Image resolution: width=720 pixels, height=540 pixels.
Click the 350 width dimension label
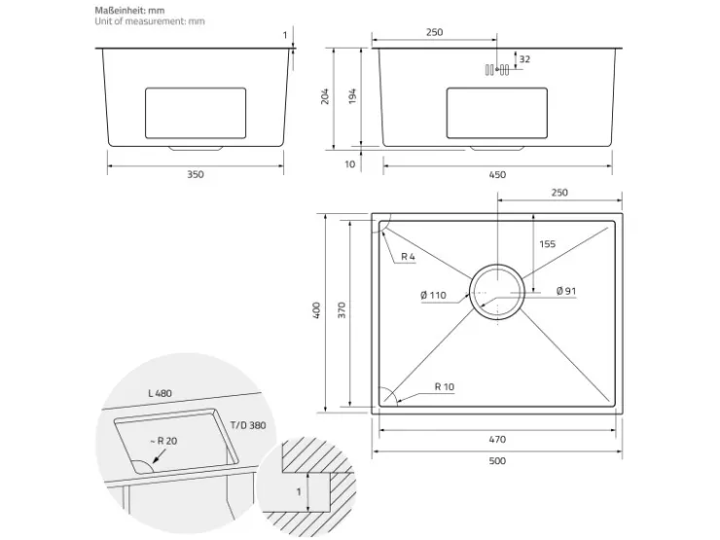pyautogui.click(x=196, y=174)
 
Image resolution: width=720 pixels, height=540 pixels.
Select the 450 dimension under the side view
pyautogui.click(x=497, y=174)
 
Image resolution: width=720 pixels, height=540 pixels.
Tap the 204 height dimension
pyautogui.click(x=325, y=96)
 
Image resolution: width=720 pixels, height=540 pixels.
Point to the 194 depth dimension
pyautogui.click(x=352, y=96)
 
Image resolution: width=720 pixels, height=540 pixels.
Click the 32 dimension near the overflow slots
pyautogui.click(x=524, y=59)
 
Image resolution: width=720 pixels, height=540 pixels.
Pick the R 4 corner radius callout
pyautogui.click(x=408, y=257)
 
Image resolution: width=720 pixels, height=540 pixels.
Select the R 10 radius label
pyautogui.click(x=444, y=386)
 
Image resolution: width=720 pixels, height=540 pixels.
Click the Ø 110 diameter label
pyautogui.click(x=433, y=295)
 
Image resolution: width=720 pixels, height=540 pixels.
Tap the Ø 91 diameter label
pyautogui.click(x=566, y=291)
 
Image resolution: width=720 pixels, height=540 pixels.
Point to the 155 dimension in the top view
pyautogui.click(x=548, y=244)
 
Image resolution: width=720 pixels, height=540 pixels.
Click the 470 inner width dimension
pyautogui.click(x=497, y=440)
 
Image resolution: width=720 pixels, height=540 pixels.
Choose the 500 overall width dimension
pyautogui.click(x=497, y=460)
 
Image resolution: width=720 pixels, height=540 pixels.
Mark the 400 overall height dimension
pyautogui.click(x=316, y=310)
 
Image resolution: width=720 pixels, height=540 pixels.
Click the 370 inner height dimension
pyautogui.click(x=342, y=310)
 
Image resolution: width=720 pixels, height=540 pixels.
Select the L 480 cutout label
pyautogui.click(x=160, y=393)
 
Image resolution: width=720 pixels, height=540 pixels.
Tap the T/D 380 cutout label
pyautogui.click(x=248, y=425)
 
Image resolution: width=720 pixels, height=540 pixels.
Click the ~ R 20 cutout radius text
pyautogui.click(x=163, y=441)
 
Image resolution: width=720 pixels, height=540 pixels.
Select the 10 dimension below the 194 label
pyautogui.click(x=350, y=163)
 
